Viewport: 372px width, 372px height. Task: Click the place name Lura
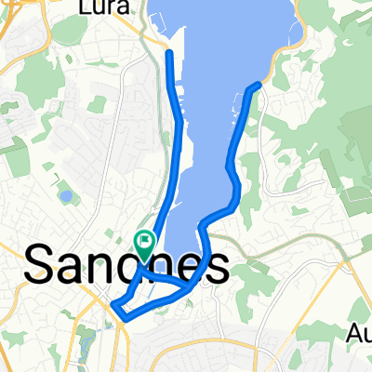tap(105, 8)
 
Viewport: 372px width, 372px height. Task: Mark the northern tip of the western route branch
tap(169, 53)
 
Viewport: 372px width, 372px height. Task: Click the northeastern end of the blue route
tap(257, 86)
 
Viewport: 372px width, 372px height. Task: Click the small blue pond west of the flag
tap(65, 196)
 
